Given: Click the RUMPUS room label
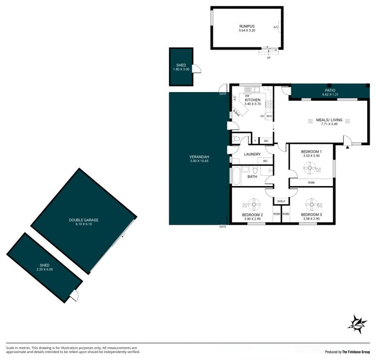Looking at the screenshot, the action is (x=247, y=26).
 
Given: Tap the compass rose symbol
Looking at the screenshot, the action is (x=357, y=324).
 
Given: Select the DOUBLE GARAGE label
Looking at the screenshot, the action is (x=84, y=220).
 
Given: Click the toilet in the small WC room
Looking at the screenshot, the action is (x=236, y=139).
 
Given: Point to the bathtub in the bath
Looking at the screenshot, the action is (x=236, y=176).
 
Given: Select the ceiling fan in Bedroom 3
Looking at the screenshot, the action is (x=312, y=204).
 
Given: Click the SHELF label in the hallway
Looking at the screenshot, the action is (x=281, y=201).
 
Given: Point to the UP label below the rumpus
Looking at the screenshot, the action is (x=268, y=58).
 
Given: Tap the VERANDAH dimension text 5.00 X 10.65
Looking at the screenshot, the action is (x=199, y=161).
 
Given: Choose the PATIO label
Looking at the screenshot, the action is (x=330, y=90).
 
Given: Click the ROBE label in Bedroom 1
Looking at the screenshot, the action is (x=311, y=182).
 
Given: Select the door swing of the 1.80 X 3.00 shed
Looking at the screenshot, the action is (x=197, y=69).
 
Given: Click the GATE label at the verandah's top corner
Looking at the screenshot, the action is (x=223, y=94).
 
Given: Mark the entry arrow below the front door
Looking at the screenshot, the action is (x=347, y=147).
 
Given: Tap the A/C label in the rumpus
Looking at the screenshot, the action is (x=276, y=27).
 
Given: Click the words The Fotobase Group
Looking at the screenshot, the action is (x=356, y=352).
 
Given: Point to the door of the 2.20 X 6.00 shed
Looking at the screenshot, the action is (x=74, y=295).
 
